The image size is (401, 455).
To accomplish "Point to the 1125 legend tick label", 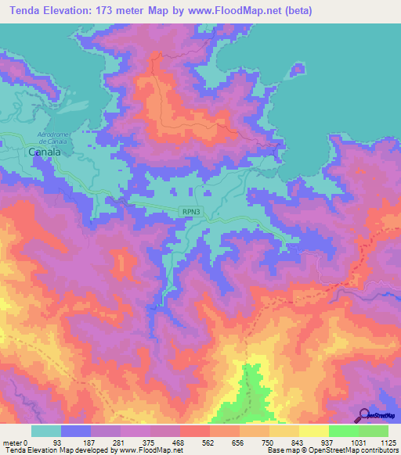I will click(x=388, y=442).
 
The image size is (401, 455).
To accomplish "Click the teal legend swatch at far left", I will click(x=46, y=431).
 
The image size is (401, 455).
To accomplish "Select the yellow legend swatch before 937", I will click(x=313, y=431).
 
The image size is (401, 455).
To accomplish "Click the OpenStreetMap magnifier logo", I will click(x=363, y=415).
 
